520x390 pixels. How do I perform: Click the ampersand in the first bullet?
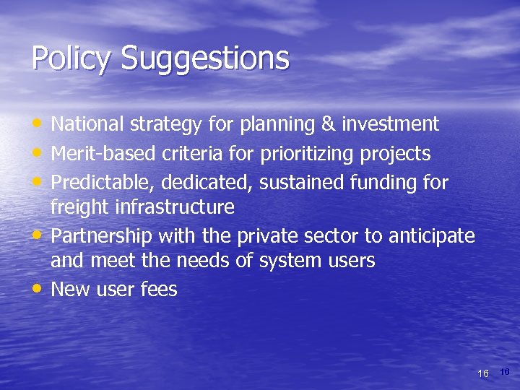pos(328,124)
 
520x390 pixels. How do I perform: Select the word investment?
pos(390,124)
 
